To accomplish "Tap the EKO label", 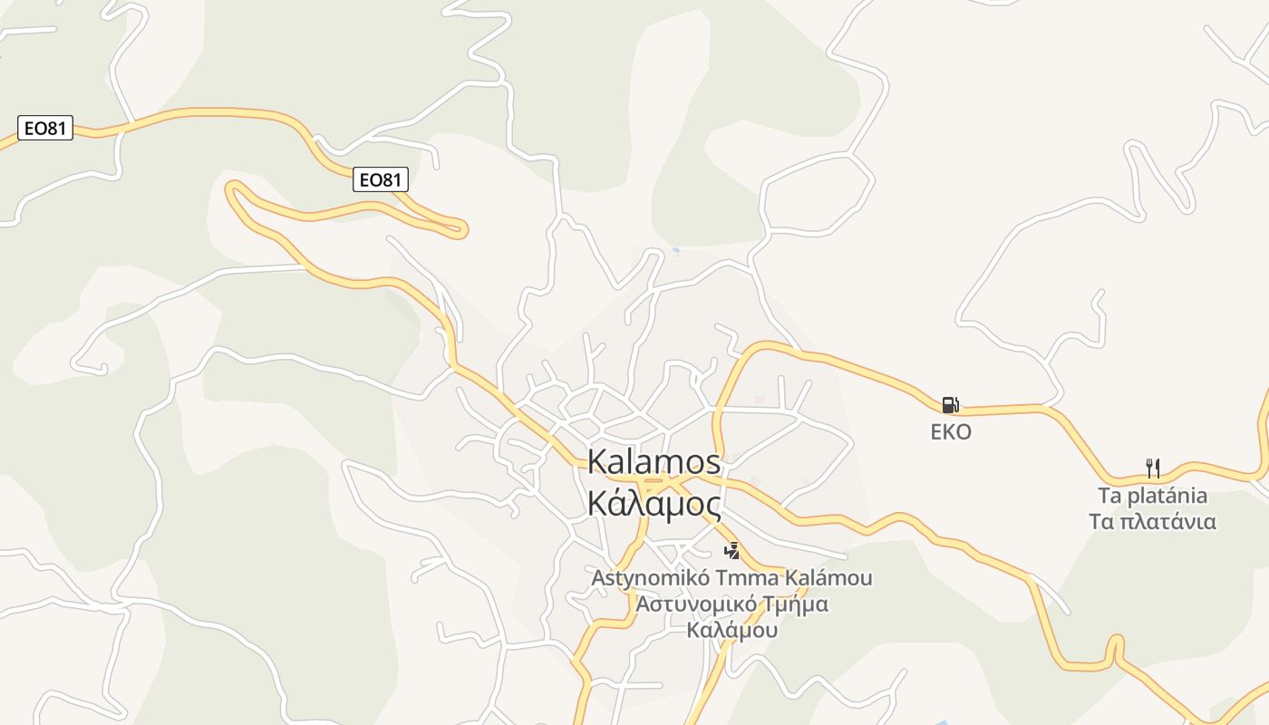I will point(951,431).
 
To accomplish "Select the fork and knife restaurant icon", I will point(1153,469).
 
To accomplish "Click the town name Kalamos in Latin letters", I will point(654,461).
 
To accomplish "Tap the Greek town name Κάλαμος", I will point(654,503).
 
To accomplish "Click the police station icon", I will point(731,550).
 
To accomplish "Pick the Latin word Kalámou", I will point(828,577).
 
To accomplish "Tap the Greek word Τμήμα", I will point(794,604).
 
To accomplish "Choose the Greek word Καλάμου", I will point(732,630).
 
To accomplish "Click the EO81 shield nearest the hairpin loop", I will point(381,179).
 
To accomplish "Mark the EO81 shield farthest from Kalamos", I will point(44,128).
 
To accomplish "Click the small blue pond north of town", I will point(675,250).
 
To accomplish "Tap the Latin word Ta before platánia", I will point(1111,496).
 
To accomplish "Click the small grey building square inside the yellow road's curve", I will point(760,400).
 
